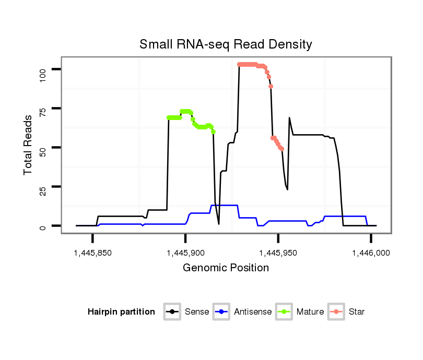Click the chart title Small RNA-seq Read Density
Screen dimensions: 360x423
(226, 44)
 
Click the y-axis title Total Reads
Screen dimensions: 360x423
(29, 145)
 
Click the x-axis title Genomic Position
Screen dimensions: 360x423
(226, 268)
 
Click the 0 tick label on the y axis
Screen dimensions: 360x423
(43, 226)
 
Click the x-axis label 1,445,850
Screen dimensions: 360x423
(92, 253)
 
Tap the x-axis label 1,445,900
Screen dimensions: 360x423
(185, 253)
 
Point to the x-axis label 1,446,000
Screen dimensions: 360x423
(371, 253)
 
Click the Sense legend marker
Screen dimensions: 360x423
(172, 312)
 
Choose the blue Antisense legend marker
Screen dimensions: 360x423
(222, 312)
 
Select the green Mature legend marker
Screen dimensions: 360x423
(285, 312)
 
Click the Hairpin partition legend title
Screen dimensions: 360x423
(121, 312)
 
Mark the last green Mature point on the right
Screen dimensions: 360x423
(213, 131)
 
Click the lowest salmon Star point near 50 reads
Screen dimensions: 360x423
(282, 149)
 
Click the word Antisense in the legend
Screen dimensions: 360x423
(253, 312)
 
